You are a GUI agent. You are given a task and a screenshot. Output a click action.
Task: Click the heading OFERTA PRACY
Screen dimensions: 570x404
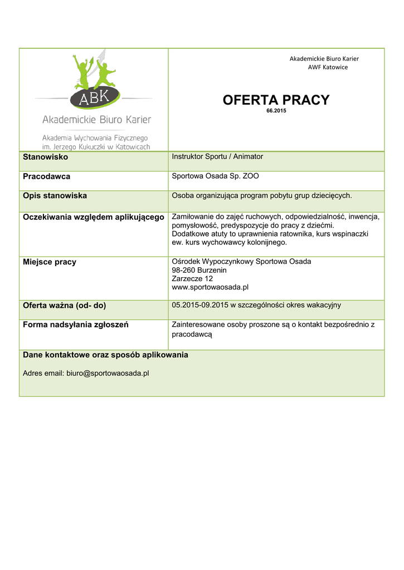click(x=276, y=100)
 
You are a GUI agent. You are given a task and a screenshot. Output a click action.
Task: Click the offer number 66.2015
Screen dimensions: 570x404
click(x=276, y=111)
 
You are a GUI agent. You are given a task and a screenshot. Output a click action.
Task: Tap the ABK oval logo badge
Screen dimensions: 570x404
click(x=94, y=100)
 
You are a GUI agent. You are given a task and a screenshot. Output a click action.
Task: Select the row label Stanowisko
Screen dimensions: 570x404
click(x=45, y=157)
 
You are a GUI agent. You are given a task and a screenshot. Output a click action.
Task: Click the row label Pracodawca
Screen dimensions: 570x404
click(x=46, y=176)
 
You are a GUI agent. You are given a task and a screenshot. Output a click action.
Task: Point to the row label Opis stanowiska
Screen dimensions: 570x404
click(x=55, y=196)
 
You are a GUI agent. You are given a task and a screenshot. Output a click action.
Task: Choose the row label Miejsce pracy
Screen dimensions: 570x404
click(x=49, y=262)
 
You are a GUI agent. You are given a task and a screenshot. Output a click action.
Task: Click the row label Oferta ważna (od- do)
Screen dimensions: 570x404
click(x=64, y=306)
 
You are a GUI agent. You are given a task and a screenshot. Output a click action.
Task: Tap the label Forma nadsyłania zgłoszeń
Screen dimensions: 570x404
click(x=75, y=325)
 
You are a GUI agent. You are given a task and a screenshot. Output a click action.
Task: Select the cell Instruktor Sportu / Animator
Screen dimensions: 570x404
click(x=217, y=157)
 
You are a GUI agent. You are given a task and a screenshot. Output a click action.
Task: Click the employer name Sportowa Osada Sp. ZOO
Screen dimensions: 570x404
click(x=215, y=176)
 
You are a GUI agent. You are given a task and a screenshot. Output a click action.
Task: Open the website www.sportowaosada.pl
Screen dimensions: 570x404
click(x=210, y=287)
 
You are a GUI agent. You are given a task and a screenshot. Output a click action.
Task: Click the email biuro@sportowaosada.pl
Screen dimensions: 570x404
click(x=108, y=374)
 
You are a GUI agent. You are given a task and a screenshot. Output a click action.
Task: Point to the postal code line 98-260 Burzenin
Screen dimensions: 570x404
click(x=199, y=270)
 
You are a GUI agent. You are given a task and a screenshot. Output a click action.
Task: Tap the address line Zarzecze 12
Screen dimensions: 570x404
click(x=192, y=278)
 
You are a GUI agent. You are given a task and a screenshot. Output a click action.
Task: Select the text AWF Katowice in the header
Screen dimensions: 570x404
click(x=328, y=67)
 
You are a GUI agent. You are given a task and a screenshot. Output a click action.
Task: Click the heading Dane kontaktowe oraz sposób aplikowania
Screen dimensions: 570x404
click(x=105, y=355)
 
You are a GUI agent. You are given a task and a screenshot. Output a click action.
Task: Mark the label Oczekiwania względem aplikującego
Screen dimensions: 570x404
click(x=93, y=217)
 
